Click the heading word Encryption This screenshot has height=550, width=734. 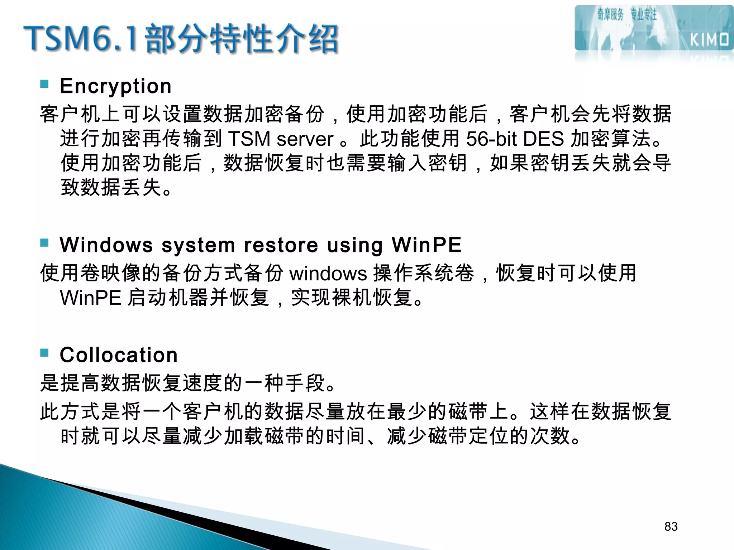pyautogui.click(x=115, y=86)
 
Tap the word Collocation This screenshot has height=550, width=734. pyautogui.click(x=119, y=355)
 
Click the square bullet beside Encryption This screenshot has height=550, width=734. pyautogui.click(x=44, y=84)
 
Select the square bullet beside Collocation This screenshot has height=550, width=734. pyautogui.click(x=44, y=353)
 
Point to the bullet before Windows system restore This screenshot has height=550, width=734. pyautogui.click(x=44, y=243)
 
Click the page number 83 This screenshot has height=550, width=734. pyautogui.click(x=671, y=526)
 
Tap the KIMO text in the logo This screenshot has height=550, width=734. pyautogui.click(x=709, y=40)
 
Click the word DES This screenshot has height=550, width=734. pyautogui.click(x=543, y=139)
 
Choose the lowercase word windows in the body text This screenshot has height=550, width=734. pyautogui.click(x=328, y=274)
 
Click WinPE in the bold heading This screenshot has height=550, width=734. pyautogui.click(x=426, y=245)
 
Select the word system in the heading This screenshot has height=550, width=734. pyautogui.click(x=198, y=246)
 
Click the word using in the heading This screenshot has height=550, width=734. pyautogui.click(x=355, y=246)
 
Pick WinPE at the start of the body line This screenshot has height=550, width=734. pyautogui.click(x=91, y=298)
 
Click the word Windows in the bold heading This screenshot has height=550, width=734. pyautogui.click(x=106, y=245)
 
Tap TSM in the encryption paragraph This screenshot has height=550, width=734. pyautogui.click(x=249, y=139)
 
